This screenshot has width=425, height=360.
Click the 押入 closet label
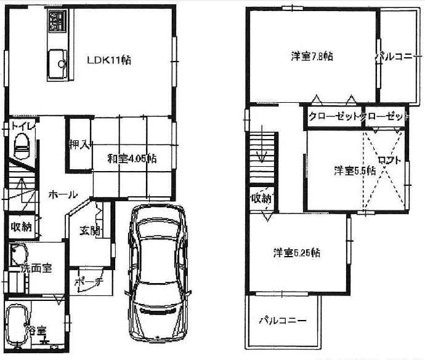pos(79,146)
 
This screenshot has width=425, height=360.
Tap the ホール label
pos(63,194)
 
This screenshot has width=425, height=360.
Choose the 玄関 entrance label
pos(87,231)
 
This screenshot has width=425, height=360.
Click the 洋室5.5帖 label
pos(354,170)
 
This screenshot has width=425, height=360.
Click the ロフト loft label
pos(389,160)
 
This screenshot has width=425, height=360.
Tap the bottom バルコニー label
pos(282,320)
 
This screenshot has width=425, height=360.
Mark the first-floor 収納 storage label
pos(21,226)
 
